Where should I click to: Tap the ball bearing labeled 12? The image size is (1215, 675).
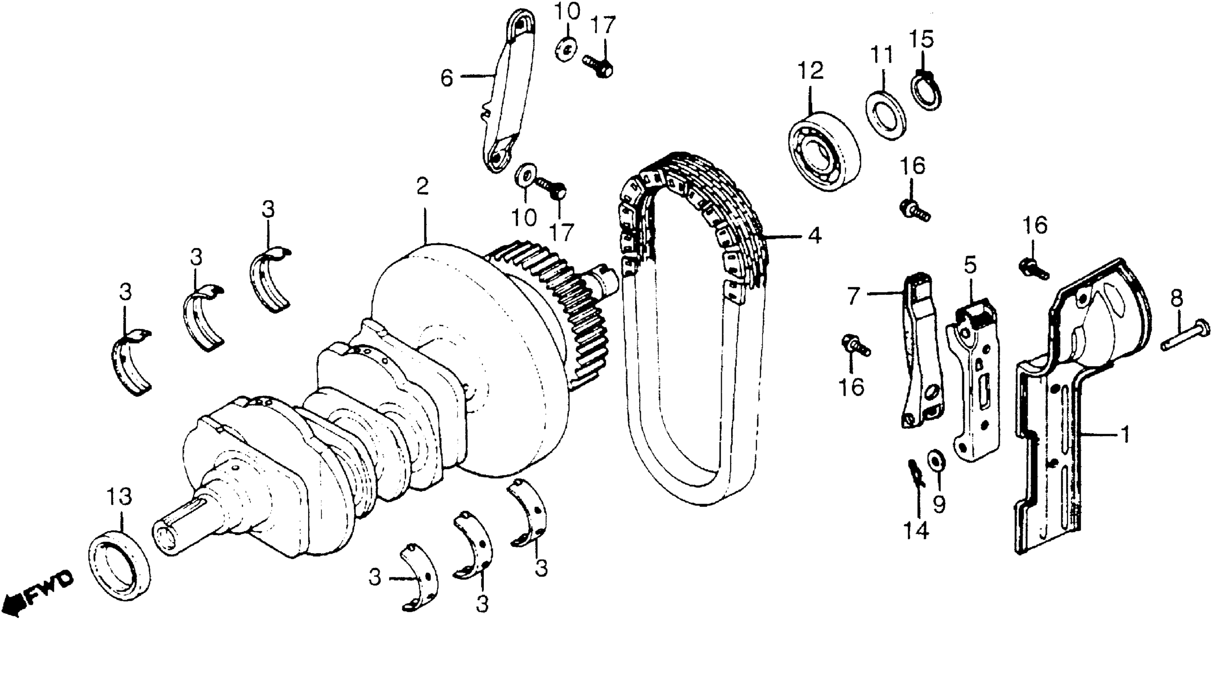click(824, 151)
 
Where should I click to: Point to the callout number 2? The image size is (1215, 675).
click(422, 186)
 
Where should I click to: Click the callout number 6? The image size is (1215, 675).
click(446, 78)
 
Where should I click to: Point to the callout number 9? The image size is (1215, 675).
click(939, 504)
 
